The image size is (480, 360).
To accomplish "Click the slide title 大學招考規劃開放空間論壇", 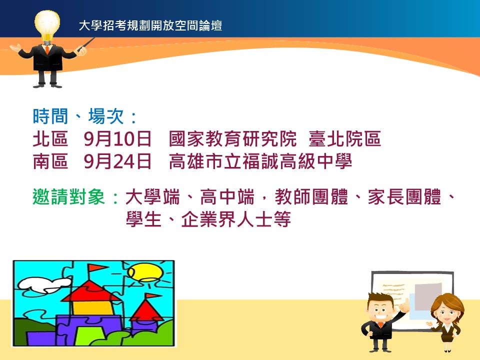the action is pos(150,25).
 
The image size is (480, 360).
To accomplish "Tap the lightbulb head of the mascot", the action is pos(47,24).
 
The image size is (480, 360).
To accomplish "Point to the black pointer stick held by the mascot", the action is pos(86,44).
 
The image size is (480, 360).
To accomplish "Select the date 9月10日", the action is pos(117,138).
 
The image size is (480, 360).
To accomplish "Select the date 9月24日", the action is pos(117,161).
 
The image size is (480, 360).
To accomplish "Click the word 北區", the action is pos(50,138).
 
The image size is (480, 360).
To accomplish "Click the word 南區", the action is pos(50,161).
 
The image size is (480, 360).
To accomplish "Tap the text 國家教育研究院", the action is pos(232,138).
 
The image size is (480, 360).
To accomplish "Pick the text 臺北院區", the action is pos(344,138).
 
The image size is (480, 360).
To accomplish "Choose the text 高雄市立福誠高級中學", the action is pos(260,161).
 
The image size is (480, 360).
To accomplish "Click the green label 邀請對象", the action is pos(69,196).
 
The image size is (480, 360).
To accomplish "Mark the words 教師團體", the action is pos(311,196).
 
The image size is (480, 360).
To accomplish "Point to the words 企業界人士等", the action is pos(236,219).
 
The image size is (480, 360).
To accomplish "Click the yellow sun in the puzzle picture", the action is pos(144,273).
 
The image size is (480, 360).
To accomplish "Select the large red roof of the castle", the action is pos(91,290).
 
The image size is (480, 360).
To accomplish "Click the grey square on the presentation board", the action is pos(428,296).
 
